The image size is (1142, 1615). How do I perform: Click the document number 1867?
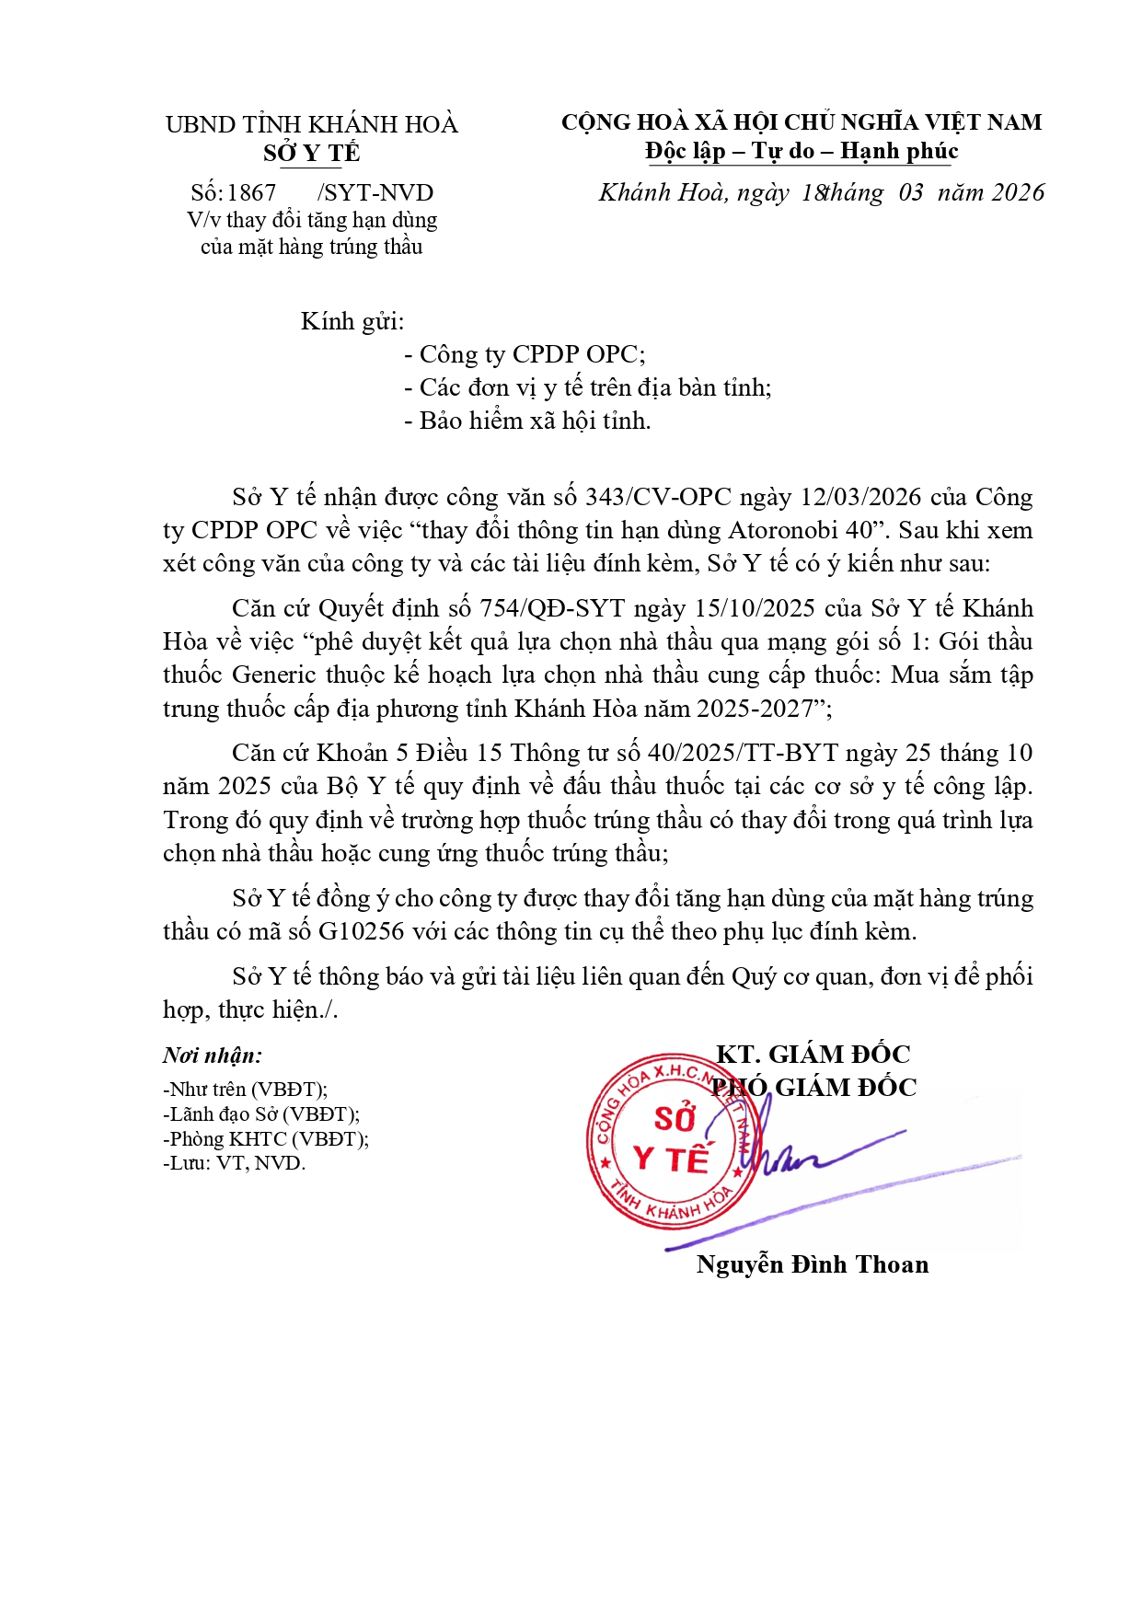click(x=251, y=193)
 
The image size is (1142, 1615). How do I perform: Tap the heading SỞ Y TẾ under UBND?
click(x=311, y=153)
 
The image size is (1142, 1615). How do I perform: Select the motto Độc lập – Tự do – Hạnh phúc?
click(x=802, y=151)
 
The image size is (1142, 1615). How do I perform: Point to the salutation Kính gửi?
click(x=352, y=321)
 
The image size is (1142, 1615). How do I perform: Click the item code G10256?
click(x=362, y=931)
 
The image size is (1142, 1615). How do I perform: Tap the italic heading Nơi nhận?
click(x=213, y=1056)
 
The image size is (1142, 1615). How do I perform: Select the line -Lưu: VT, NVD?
click(x=234, y=1163)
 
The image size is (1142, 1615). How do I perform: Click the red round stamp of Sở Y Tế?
click(x=674, y=1141)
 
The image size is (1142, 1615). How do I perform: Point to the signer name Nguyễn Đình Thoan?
click(x=813, y=1264)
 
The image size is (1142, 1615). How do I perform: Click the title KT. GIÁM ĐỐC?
click(x=813, y=1055)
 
